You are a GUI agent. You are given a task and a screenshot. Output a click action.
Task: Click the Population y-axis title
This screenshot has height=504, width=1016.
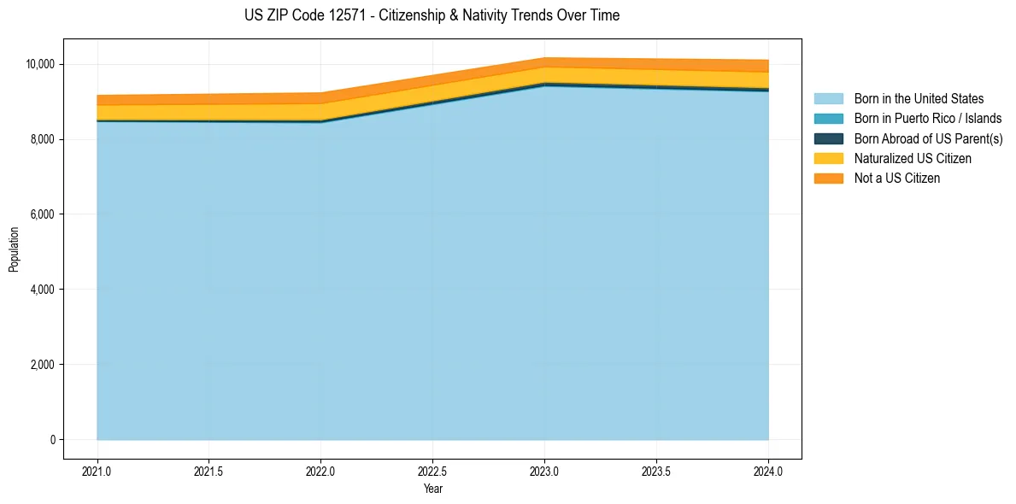[x=14, y=249]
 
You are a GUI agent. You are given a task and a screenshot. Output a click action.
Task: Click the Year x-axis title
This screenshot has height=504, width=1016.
[x=432, y=489]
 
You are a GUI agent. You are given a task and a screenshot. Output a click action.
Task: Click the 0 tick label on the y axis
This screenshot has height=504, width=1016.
[x=52, y=440]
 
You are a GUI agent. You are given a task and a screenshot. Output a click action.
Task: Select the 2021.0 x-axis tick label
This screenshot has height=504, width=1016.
[x=97, y=471]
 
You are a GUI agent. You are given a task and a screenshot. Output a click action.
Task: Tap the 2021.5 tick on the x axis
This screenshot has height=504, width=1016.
[x=209, y=471]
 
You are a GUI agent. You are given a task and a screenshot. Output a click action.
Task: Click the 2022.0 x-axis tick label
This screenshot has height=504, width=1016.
[x=320, y=471]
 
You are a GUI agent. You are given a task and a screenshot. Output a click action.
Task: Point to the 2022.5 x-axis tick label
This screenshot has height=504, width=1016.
[x=432, y=471]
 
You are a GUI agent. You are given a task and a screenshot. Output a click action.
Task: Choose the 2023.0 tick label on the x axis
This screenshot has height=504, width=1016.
[x=544, y=471]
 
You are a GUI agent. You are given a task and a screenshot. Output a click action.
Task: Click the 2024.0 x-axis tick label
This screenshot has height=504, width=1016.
[x=768, y=471]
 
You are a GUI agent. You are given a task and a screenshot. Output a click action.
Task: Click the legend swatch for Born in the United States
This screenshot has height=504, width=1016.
[x=828, y=99]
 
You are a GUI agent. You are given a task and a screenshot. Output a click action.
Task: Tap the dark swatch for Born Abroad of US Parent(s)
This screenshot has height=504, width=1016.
[x=828, y=138]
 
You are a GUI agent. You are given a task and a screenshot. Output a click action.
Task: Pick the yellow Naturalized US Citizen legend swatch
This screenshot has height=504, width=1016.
[x=828, y=158]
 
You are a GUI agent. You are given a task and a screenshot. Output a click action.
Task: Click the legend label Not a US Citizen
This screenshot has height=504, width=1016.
[x=896, y=178]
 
